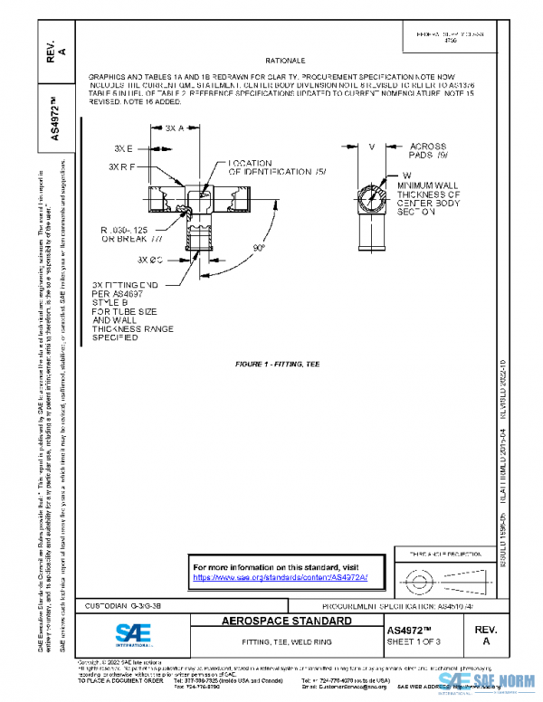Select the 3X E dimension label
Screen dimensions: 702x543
click(124, 147)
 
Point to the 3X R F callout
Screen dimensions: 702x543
click(121, 167)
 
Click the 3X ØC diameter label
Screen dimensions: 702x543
click(149, 260)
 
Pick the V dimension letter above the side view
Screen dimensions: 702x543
click(372, 147)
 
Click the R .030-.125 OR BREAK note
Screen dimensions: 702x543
click(133, 235)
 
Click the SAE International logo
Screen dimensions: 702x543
click(97, 633)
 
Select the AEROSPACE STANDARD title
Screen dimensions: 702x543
click(287, 622)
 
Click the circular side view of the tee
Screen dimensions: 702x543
click(372, 194)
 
